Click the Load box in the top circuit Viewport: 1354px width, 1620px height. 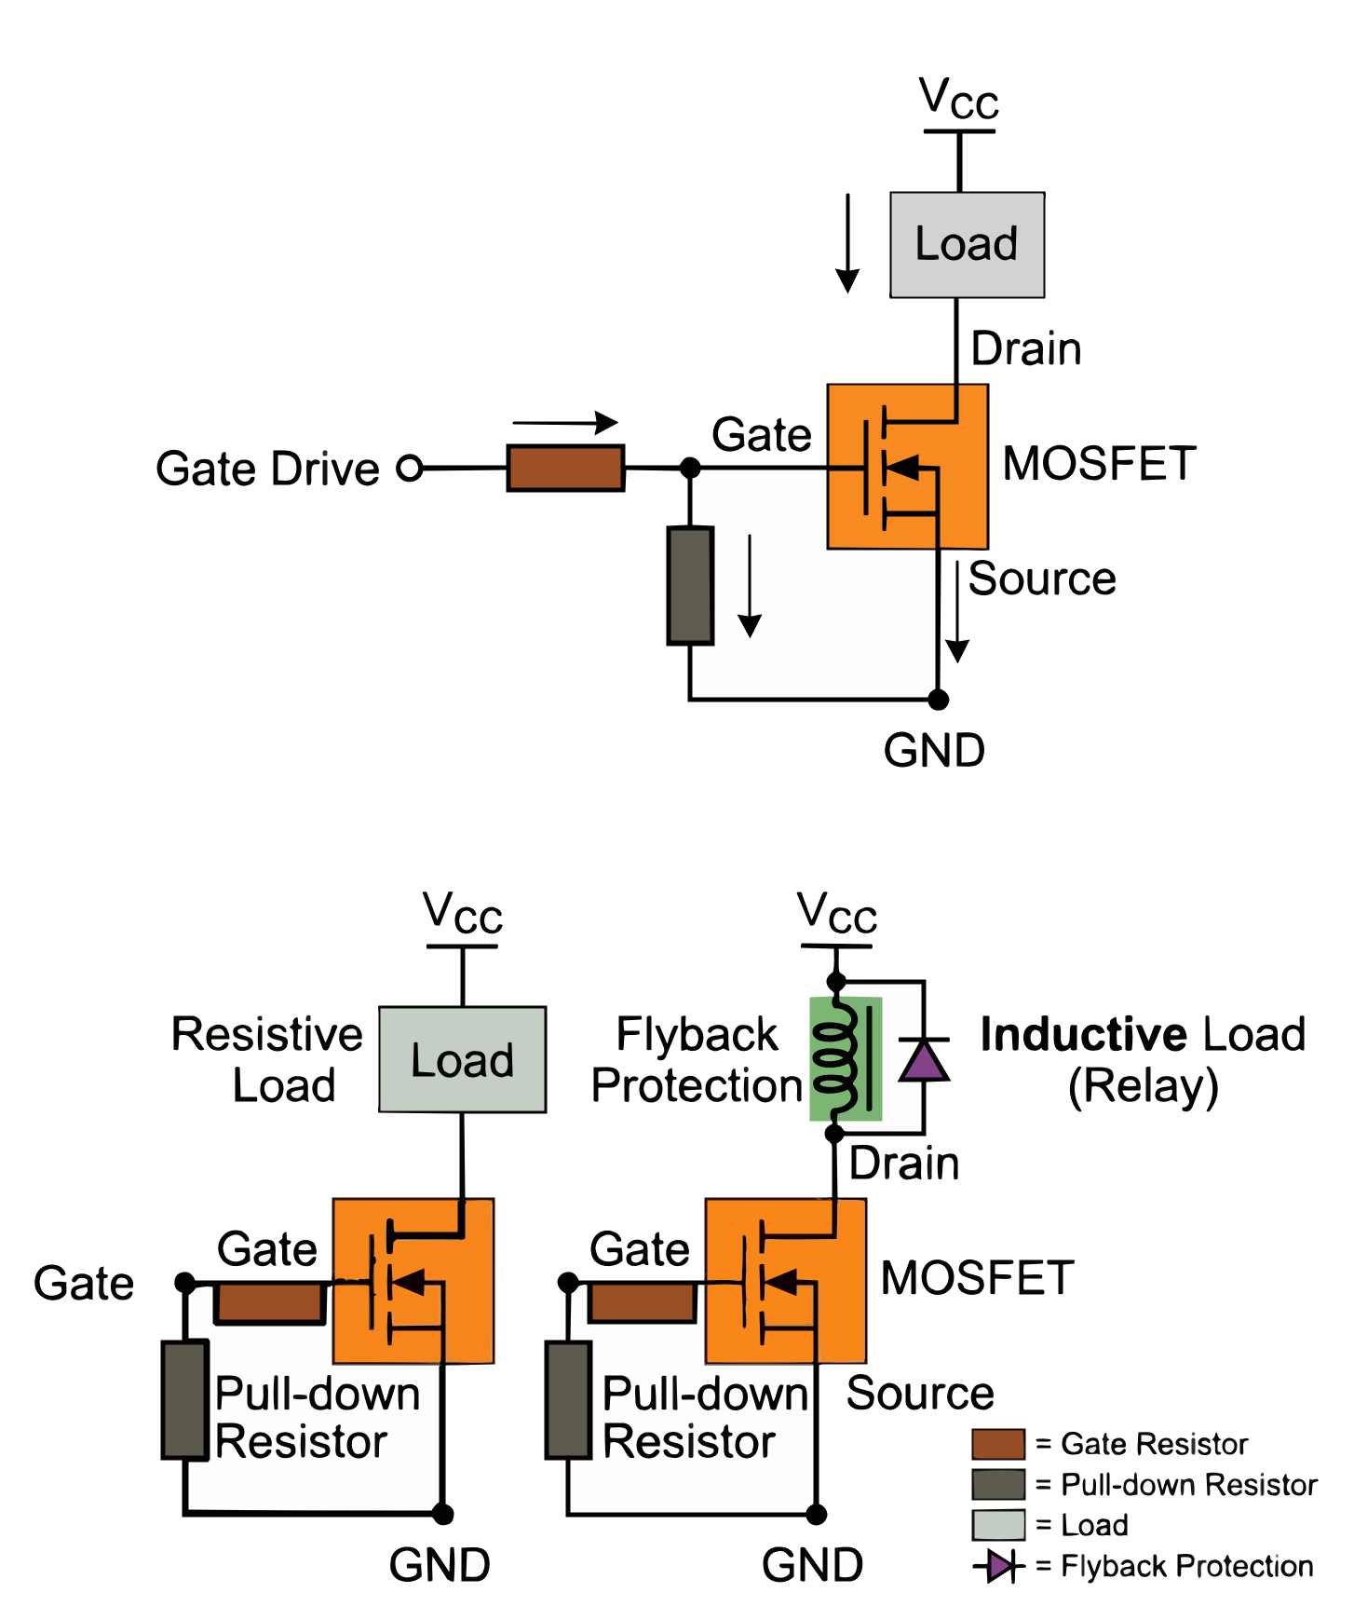pyautogui.click(x=967, y=245)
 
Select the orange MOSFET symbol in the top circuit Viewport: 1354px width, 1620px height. pyautogui.click(x=907, y=466)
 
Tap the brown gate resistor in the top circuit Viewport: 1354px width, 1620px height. pyautogui.click(x=565, y=468)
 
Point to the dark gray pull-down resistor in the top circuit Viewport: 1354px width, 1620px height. pyautogui.click(x=691, y=585)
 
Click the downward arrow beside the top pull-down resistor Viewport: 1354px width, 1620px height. pyautogui.click(x=750, y=587)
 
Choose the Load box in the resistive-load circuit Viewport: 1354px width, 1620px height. pyautogui.click(x=462, y=1059)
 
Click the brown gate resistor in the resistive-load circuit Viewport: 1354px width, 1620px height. pyautogui.click(x=270, y=1302)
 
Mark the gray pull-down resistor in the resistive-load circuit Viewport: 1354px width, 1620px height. pyautogui.click(x=185, y=1399)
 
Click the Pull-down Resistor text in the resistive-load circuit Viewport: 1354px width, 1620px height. pyautogui.click(x=317, y=1418)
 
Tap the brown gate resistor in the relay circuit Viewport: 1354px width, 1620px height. pyautogui.click(x=643, y=1302)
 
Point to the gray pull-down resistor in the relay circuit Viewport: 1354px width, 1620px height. pyautogui.click(x=569, y=1399)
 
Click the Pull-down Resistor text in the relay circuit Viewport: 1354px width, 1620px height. pyautogui.click(x=705, y=1418)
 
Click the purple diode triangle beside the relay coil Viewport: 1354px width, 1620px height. pyautogui.click(x=922, y=1063)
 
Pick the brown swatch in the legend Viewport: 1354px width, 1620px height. pyautogui.click(x=998, y=1444)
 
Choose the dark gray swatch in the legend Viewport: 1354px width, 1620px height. pyautogui.click(x=998, y=1484)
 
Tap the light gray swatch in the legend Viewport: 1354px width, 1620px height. pyautogui.click(x=998, y=1525)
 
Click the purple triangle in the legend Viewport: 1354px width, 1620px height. pyautogui.click(x=999, y=1566)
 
